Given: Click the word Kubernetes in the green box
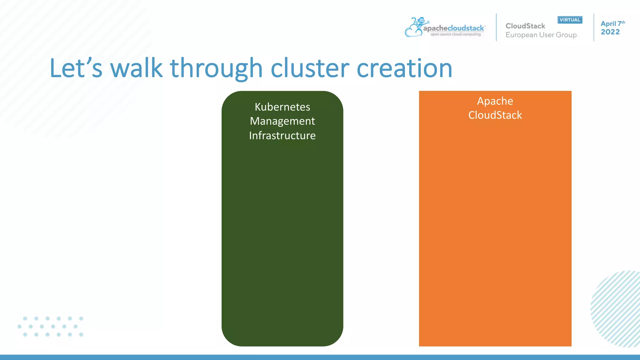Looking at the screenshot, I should [x=282, y=107].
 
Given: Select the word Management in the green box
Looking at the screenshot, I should [x=282, y=121].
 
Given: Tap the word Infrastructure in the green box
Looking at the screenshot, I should [x=282, y=136].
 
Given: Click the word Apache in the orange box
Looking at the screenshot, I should [x=495, y=101].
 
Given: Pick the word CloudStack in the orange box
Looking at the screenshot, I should [x=495, y=115].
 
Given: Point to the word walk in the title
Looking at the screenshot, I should [x=136, y=68].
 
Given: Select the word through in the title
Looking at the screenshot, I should [x=216, y=68].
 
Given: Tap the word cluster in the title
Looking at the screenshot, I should [x=310, y=68].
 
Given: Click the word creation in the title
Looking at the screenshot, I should [x=404, y=68].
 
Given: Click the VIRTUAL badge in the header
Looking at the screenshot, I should [x=570, y=20].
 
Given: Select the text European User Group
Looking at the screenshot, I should [x=541, y=35].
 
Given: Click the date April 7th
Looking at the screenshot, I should [x=612, y=24].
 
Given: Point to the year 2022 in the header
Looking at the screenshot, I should [x=610, y=32].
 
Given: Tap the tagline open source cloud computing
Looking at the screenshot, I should [x=455, y=34].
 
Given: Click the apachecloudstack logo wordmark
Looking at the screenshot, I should [x=453, y=28].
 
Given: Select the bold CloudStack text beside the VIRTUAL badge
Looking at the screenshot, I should [x=525, y=26].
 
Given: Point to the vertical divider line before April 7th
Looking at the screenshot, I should [x=594, y=27].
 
